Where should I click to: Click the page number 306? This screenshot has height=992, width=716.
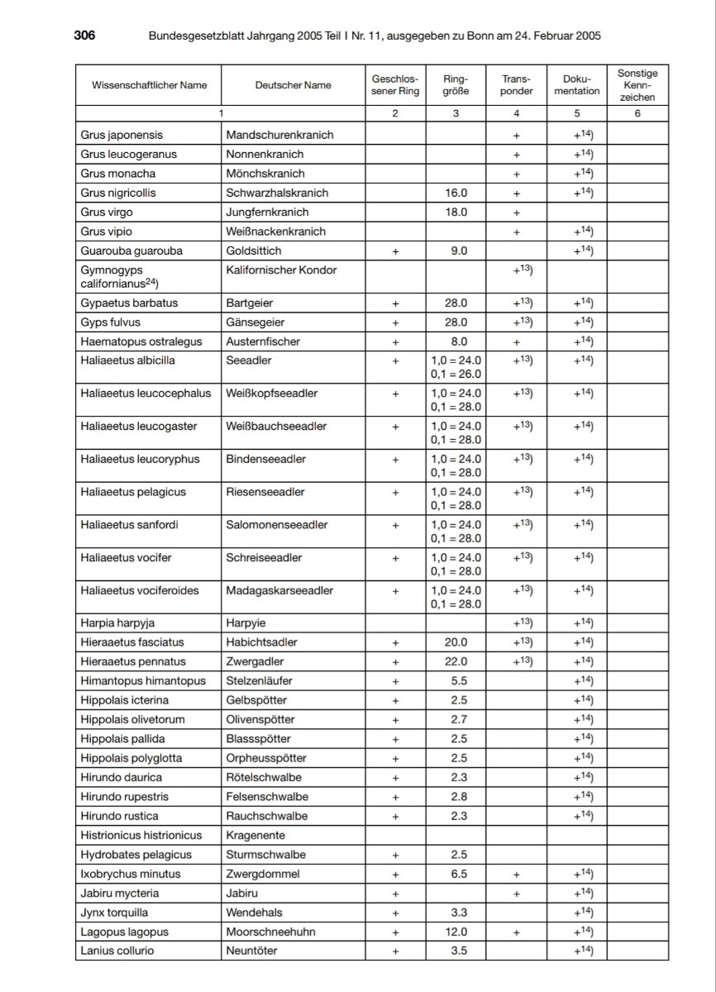[84, 36]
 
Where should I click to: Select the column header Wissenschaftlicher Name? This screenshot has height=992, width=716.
[150, 85]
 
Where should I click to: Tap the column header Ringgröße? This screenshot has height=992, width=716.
[456, 85]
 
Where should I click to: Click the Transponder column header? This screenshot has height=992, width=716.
[517, 85]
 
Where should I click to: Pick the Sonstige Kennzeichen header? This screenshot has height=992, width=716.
[637, 85]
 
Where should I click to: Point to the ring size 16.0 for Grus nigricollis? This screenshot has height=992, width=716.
[456, 193]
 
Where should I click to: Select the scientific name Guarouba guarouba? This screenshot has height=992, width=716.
[132, 250]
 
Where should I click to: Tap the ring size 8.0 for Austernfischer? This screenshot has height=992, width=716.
[456, 341]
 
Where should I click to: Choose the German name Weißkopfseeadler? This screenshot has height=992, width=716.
[272, 393]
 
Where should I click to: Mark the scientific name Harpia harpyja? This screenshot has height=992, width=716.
[119, 622]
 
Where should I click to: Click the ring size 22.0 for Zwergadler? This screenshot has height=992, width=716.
[456, 661]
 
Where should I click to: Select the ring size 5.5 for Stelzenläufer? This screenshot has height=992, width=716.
[456, 680]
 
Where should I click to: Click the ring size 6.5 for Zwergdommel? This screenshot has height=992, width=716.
[456, 874]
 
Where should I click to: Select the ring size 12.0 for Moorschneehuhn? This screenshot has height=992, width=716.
[456, 932]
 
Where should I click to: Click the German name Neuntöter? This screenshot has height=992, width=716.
[252, 951]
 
